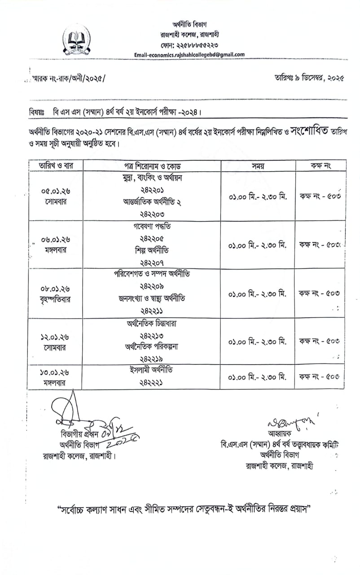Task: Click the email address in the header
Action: point(189,55)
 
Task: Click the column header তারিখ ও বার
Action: point(56,165)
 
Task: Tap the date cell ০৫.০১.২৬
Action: point(56,191)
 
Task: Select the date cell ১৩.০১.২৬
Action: point(56,372)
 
